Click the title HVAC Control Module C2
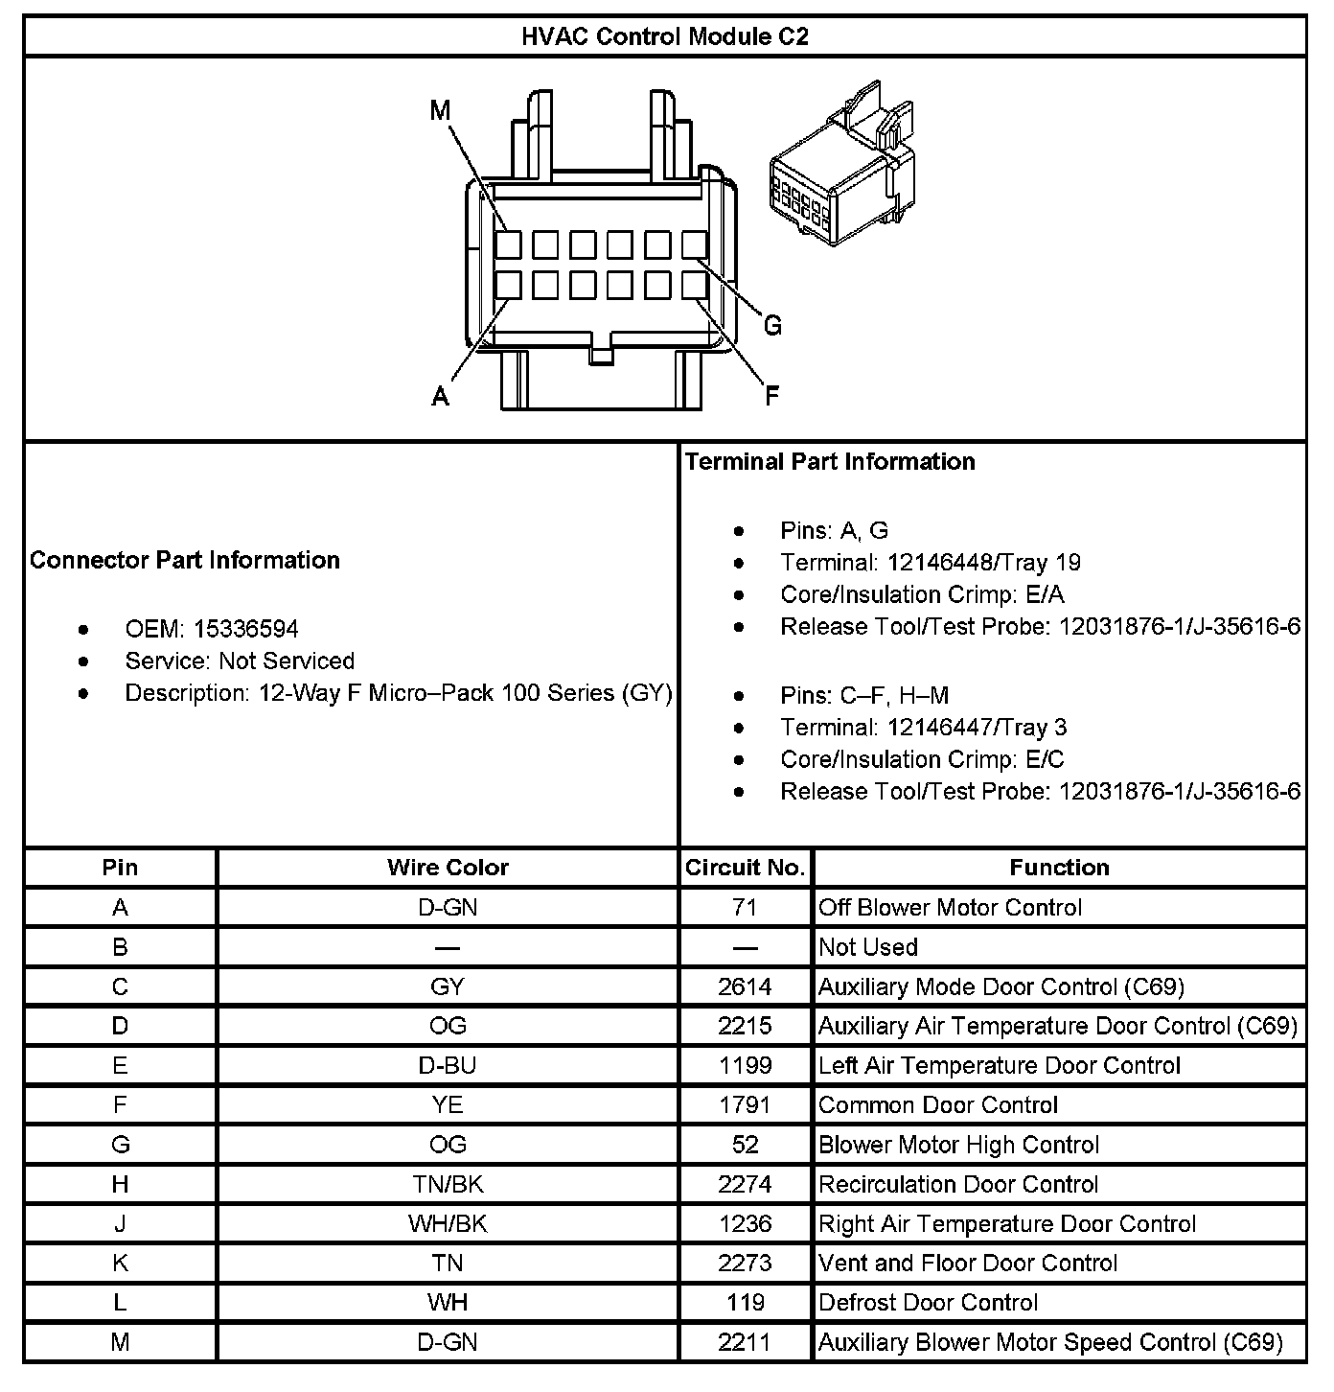coord(664,36)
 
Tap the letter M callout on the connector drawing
coord(440,111)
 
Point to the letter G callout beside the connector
coord(772,326)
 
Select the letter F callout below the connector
coord(771,395)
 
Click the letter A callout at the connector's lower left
coord(440,395)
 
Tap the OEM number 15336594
coord(245,629)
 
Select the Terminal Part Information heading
coord(830,461)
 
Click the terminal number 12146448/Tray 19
coord(984,562)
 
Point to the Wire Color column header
coord(448,868)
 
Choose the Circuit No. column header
coord(745,868)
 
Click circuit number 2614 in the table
coord(745,986)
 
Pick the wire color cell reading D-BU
coord(448,1065)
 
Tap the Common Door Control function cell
coord(938,1104)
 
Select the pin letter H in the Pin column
coord(120,1184)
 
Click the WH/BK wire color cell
coord(448,1223)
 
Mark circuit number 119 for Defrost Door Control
coord(745,1302)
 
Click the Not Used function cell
coord(868,947)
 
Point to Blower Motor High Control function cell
coord(959,1145)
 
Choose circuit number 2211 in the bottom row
coord(745,1342)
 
